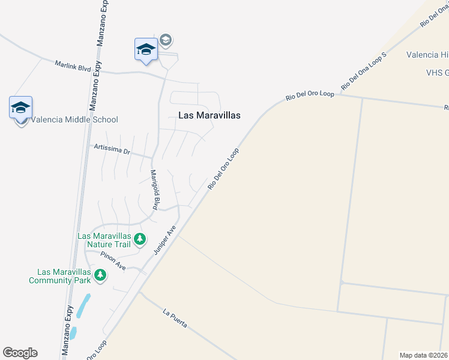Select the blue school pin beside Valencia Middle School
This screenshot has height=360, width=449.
pos(20,109)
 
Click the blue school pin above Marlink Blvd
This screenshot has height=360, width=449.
pos(146,50)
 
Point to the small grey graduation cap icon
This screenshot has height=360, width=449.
pos(166,40)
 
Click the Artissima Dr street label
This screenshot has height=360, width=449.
pos(112,149)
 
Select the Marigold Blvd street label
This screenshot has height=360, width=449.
pos(154,190)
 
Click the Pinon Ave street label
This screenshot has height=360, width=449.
pos(113,262)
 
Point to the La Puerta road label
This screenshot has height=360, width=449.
pos(175,319)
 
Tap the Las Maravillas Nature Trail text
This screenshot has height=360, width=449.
pos(104,240)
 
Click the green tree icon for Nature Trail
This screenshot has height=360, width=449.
pos(140,240)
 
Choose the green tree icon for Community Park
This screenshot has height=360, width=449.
pos(100,275)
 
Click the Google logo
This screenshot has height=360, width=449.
pos(20,353)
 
